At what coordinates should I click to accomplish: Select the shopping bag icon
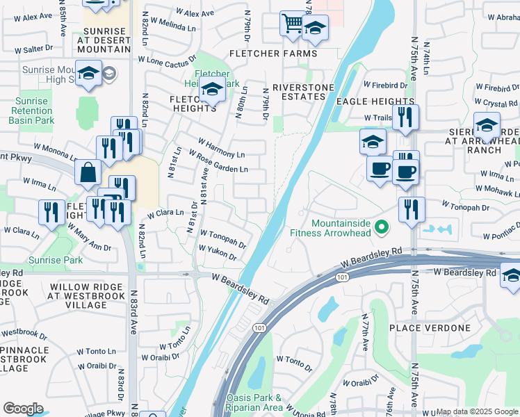tap(89, 173)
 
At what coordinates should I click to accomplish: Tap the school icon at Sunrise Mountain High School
tap(89, 74)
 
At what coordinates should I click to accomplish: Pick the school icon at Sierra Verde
tap(487, 125)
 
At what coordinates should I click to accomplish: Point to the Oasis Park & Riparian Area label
tap(254, 402)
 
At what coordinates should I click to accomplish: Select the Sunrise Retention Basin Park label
tap(31, 111)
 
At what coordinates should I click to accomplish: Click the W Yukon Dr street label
tap(217, 252)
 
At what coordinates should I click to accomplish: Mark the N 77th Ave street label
tap(364, 332)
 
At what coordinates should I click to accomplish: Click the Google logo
tap(23, 409)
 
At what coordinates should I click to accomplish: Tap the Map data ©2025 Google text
tap(477, 411)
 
